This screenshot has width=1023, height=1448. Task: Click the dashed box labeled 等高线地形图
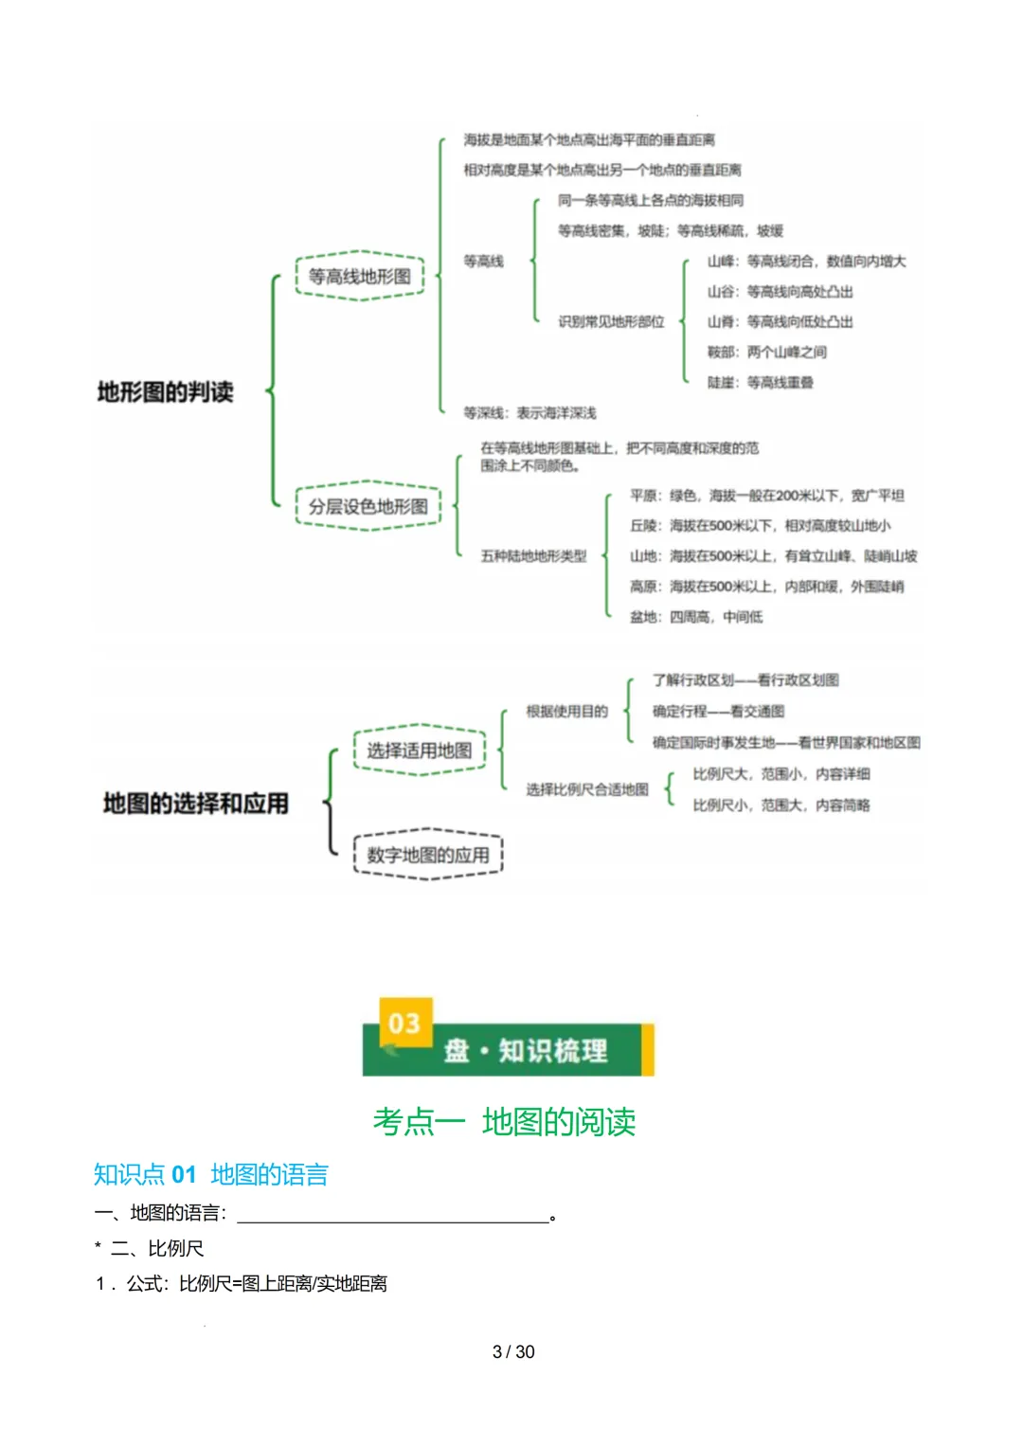[360, 276]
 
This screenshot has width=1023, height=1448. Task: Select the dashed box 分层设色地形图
[368, 506]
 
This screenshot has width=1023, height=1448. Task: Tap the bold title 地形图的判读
[165, 391]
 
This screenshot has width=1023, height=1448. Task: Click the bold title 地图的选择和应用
[196, 804]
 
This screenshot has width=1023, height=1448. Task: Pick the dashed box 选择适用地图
[420, 751]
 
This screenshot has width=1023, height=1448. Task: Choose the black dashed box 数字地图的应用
[428, 855]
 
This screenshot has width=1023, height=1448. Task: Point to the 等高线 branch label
[483, 261]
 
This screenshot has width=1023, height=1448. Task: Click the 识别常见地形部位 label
[611, 321]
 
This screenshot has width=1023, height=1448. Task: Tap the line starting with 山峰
[806, 261]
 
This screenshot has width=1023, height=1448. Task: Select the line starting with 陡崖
[760, 382]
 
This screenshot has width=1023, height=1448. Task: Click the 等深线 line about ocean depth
[529, 412]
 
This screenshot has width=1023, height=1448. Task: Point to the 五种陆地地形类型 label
[533, 556]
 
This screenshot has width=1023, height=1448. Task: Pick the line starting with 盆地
[696, 617]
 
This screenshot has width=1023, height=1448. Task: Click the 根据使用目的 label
[566, 711]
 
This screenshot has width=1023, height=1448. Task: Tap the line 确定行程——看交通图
[718, 711]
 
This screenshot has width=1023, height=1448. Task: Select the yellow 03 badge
[405, 1023]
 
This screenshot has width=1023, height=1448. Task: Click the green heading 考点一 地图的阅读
[504, 1122]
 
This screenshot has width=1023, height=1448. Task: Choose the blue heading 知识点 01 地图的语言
[210, 1175]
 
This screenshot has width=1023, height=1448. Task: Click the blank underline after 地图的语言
[392, 1215]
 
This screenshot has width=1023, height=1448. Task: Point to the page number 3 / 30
[513, 1351]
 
